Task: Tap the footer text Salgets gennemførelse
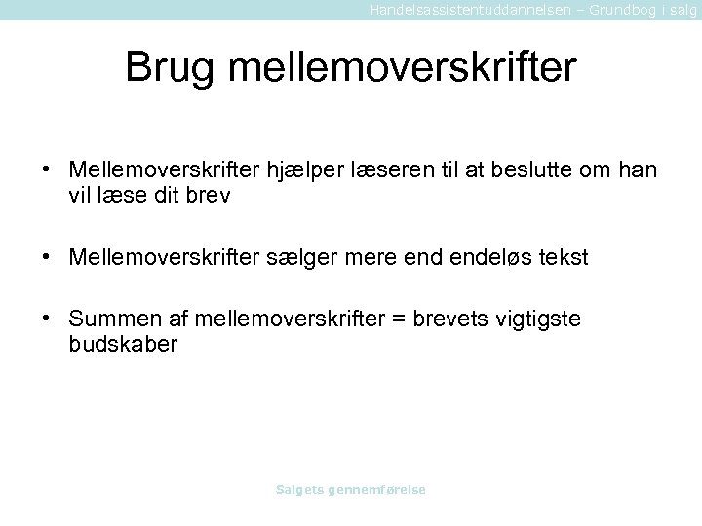pos(351,489)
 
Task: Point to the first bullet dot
pos(47,170)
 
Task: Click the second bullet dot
pos(47,256)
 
